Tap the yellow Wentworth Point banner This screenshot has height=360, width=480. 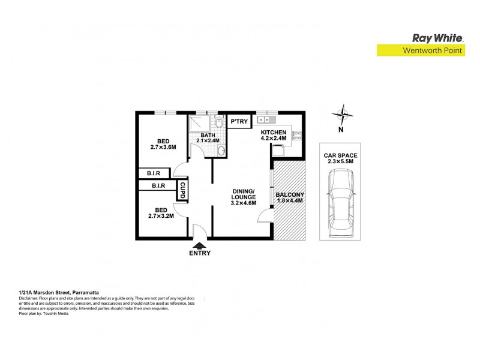421,51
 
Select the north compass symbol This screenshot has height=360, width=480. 341,115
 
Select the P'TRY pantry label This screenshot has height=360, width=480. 240,122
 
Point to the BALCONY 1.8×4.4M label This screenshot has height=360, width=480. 289,199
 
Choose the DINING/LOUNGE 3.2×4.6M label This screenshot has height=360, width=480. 244,197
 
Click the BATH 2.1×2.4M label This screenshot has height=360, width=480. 207,138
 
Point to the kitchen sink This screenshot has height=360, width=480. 265,119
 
